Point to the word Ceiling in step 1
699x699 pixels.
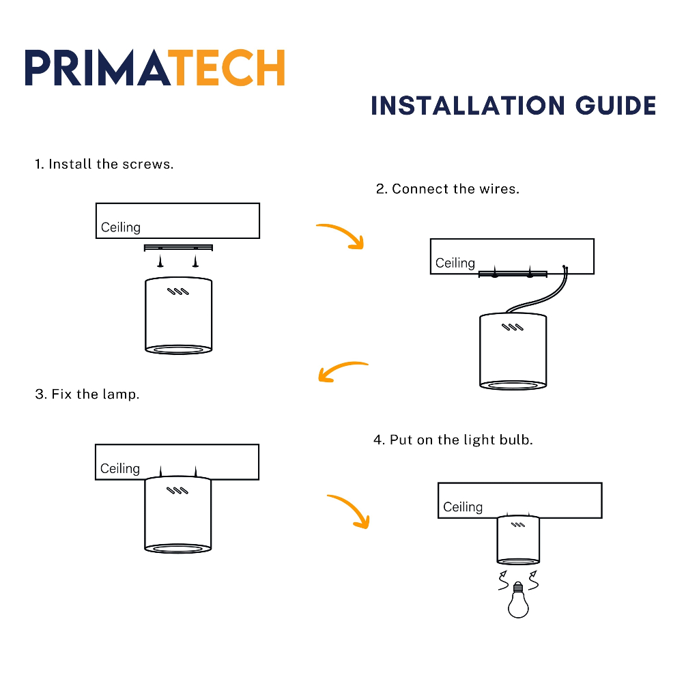click(x=121, y=227)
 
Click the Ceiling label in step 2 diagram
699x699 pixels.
click(x=455, y=263)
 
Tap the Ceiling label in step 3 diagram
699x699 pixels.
click(x=120, y=468)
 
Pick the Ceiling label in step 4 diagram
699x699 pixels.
click(x=463, y=507)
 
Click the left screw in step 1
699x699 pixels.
click(x=160, y=261)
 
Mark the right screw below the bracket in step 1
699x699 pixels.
click(x=196, y=261)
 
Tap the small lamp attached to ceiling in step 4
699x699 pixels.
click(x=518, y=539)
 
